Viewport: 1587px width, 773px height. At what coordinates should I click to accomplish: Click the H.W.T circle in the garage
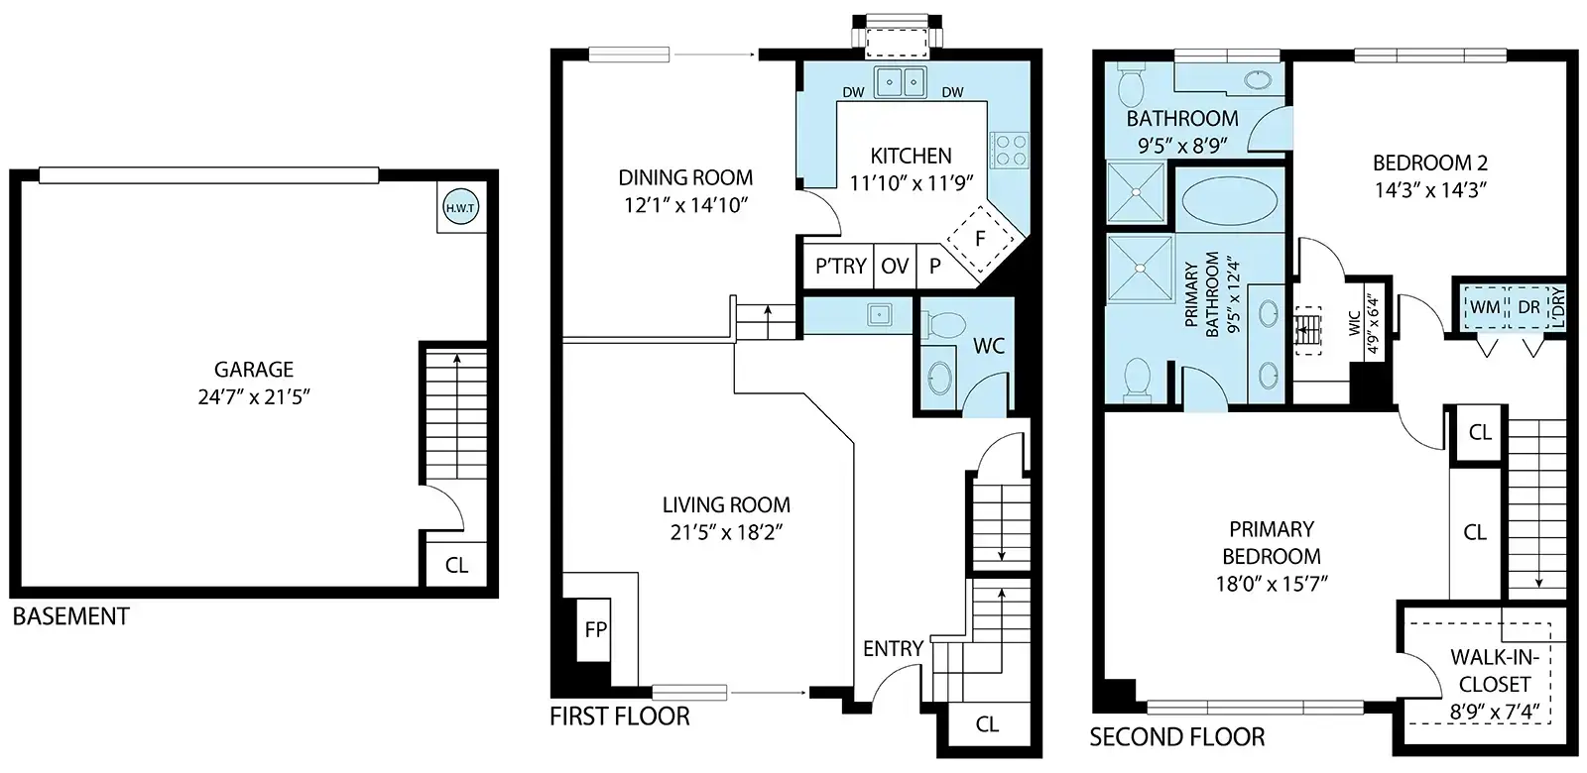click(460, 208)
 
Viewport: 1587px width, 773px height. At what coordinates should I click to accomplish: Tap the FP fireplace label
click(596, 629)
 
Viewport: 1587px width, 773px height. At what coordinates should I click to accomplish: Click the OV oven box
click(895, 266)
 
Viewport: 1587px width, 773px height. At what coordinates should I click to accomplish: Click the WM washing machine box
click(1485, 307)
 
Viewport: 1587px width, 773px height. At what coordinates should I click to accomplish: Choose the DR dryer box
click(1528, 307)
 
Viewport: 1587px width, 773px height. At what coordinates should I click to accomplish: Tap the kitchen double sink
click(901, 82)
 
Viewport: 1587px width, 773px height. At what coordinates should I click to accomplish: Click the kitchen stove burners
click(1009, 150)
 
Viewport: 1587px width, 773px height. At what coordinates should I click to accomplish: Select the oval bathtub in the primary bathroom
click(1230, 200)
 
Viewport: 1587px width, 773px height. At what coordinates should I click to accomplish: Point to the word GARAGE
click(254, 370)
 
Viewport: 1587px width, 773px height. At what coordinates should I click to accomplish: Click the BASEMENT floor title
click(70, 616)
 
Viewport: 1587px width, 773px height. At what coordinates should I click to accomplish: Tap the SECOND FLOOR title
click(1176, 737)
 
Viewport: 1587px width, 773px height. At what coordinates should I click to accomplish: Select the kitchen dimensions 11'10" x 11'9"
click(912, 183)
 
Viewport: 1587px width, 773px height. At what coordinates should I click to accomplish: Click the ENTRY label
click(893, 648)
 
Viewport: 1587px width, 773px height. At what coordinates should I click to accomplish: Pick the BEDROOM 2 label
click(1429, 164)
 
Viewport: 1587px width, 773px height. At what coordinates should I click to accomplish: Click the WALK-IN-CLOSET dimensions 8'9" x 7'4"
click(1494, 712)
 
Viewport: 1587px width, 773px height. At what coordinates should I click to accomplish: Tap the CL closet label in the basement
click(456, 565)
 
